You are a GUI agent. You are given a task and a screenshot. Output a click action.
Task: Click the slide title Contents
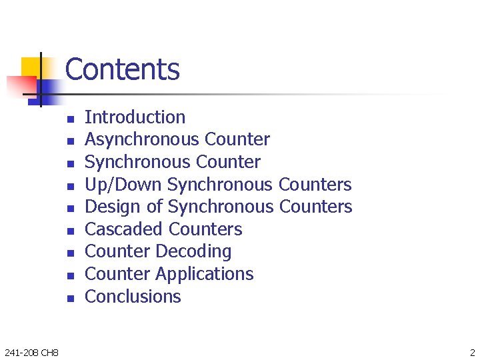click(123, 69)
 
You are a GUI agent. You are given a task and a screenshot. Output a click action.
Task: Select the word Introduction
click(135, 117)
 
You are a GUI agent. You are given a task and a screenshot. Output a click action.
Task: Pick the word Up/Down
click(124, 185)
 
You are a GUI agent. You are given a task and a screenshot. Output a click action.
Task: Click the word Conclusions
click(133, 297)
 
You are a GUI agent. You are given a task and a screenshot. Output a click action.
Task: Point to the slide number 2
click(472, 352)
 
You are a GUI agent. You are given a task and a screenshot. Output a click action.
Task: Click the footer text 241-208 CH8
click(31, 352)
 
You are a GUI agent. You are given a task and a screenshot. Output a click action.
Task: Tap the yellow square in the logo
click(31, 67)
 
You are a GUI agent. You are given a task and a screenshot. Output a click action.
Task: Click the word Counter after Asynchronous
click(237, 139)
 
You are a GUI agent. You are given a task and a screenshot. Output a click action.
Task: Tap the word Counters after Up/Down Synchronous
click(315, 185)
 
